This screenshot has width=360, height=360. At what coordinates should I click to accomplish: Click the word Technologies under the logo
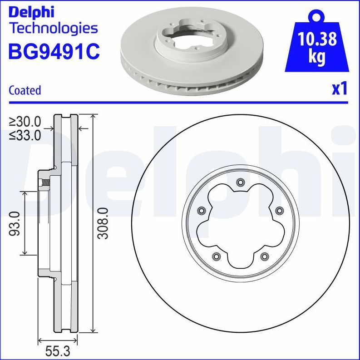[54, 28]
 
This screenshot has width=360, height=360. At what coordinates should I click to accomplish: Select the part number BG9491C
[54, 51]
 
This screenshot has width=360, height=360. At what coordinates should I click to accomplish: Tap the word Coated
[25, 90]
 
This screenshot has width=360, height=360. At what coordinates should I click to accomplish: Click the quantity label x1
[340, 89]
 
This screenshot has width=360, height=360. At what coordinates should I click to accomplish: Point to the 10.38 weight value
[317, 39]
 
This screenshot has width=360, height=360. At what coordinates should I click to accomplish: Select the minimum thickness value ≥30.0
[25, 122]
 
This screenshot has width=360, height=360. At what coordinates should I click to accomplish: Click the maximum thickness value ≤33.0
[25, 135]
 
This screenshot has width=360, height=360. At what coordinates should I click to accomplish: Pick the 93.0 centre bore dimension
[15, 223]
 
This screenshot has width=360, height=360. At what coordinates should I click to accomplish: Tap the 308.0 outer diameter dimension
[104, 223]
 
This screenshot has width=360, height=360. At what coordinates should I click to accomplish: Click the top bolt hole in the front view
[240, 182]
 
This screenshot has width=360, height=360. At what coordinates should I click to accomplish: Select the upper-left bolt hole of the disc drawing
[201, 210]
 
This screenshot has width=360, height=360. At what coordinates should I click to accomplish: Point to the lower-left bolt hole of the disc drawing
[216, 257]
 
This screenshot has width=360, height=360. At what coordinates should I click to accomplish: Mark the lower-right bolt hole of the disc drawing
[264, 257]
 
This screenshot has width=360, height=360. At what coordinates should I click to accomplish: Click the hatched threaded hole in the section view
[45, 183]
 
